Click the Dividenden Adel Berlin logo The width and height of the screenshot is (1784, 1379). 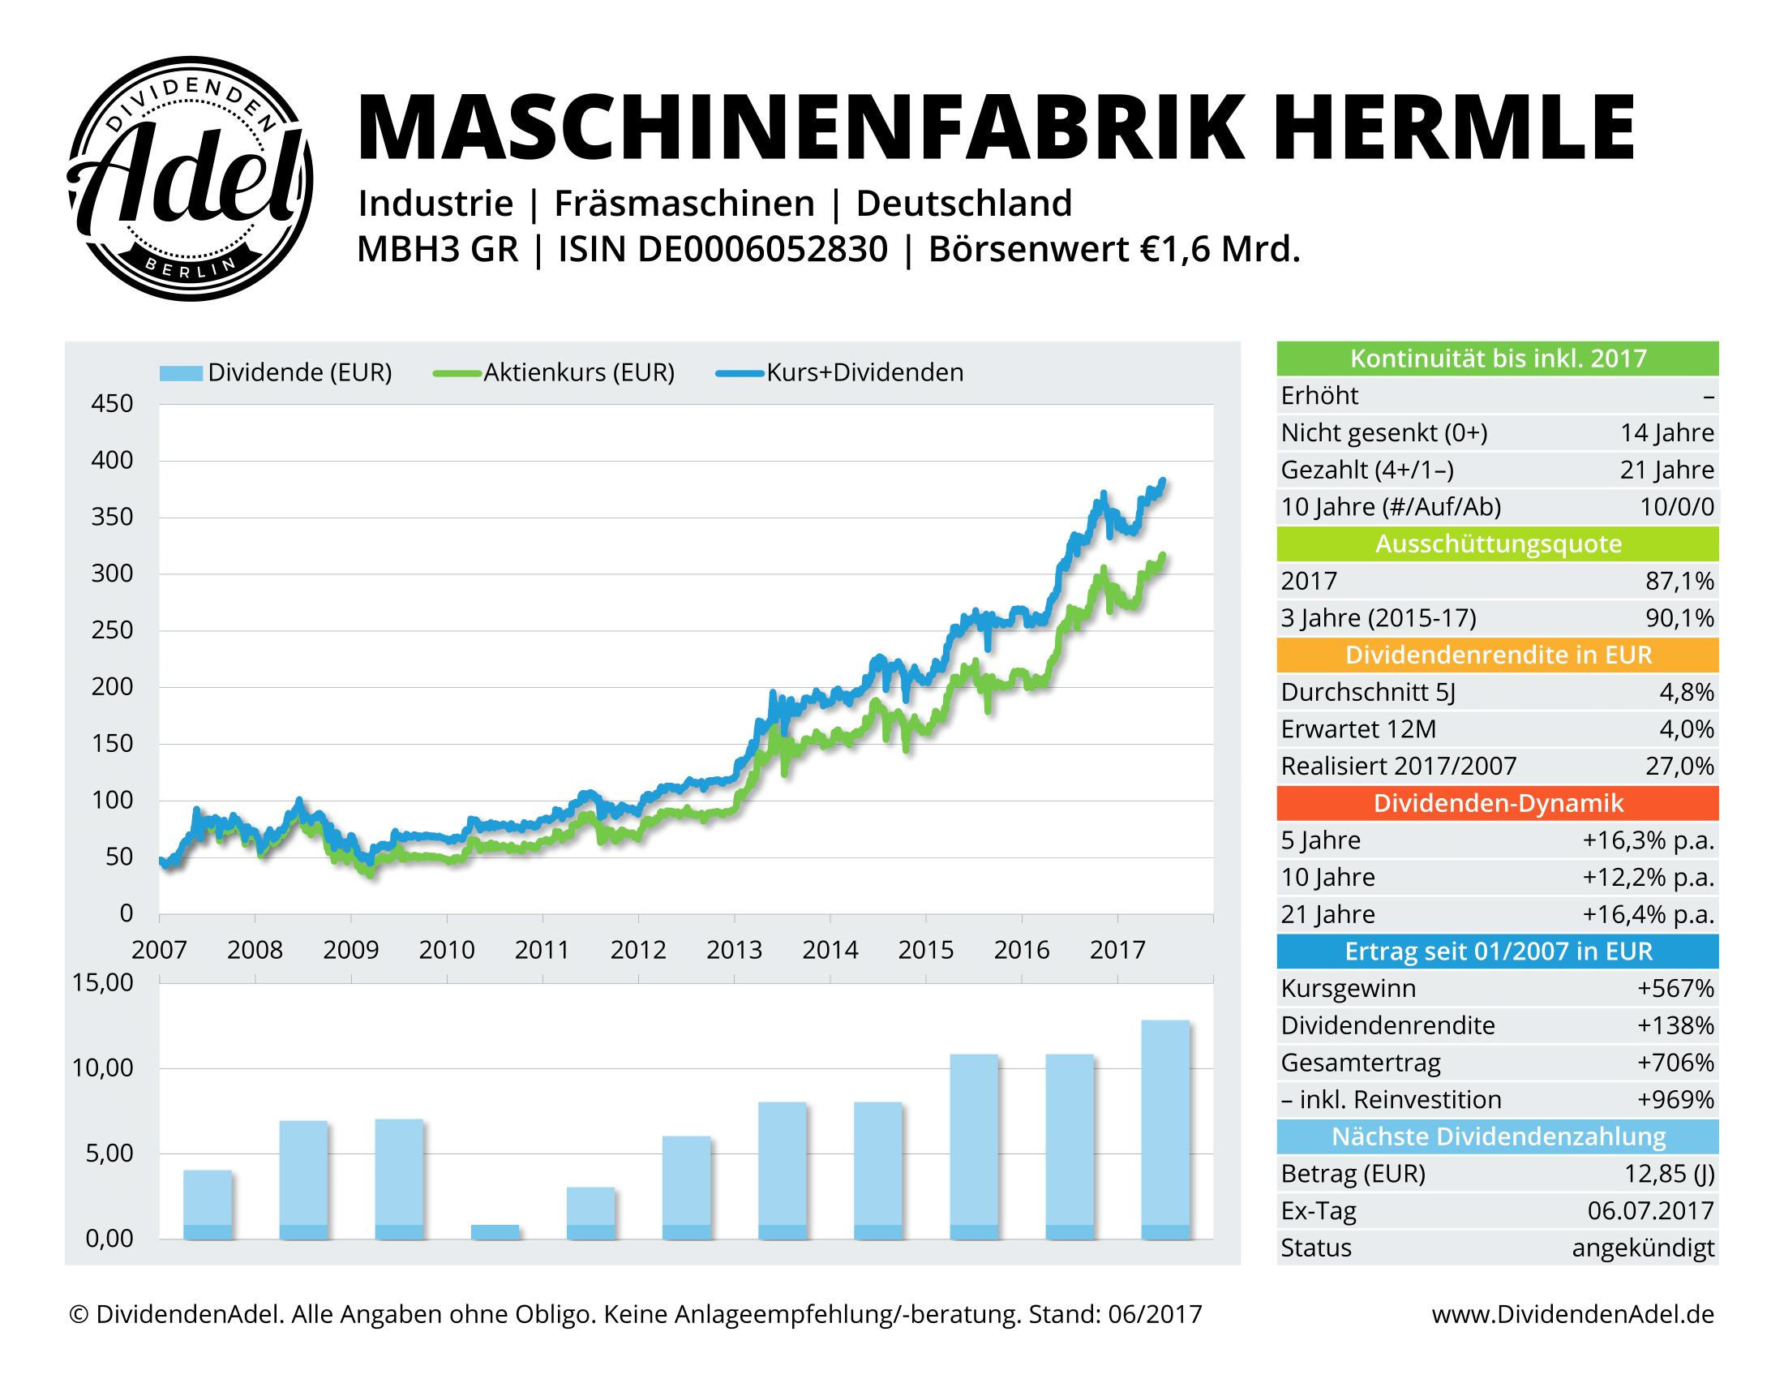point(190,178)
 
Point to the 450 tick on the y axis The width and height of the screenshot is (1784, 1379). point(112,404)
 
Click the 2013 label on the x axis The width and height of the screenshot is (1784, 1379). point(734,949)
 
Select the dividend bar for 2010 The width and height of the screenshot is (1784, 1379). point(495,1231)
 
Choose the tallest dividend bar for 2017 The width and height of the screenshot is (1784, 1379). point(1164,1129)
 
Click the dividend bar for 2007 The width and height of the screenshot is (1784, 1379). point(208,1204)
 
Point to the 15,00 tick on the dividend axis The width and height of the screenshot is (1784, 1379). point(103,983)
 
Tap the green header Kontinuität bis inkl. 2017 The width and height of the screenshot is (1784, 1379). point(1497,359)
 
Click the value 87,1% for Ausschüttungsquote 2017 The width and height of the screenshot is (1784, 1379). point(1679,581)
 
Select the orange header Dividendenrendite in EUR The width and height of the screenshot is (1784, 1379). point(1497,655)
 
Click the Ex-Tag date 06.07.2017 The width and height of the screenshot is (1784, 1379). point(1650,1211)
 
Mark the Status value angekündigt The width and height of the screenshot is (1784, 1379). point(1643,1248)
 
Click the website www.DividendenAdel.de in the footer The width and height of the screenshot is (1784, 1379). point(1572,1313)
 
